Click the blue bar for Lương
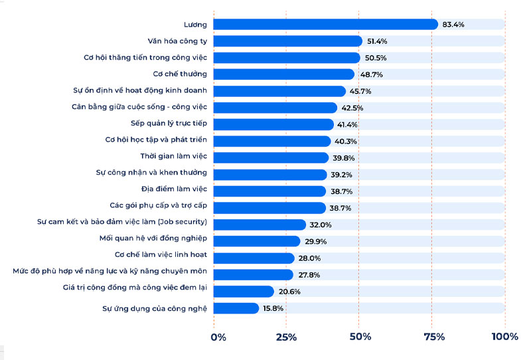(325, 25)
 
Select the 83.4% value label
(453, 25)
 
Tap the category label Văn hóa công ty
(177, 41)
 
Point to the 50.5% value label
(376, 58)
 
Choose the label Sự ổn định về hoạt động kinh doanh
(140, 91)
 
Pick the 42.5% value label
(352, 108)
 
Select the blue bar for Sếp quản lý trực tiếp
(273, 124)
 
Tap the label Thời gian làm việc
(174, 157)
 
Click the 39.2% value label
(342, 175)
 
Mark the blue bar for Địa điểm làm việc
(269, 191)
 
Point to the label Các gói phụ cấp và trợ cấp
(159, 207)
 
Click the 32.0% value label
(321, 225)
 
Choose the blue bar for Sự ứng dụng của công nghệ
(236, 308)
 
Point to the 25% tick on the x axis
(286, 337)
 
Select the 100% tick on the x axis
(504, 337)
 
